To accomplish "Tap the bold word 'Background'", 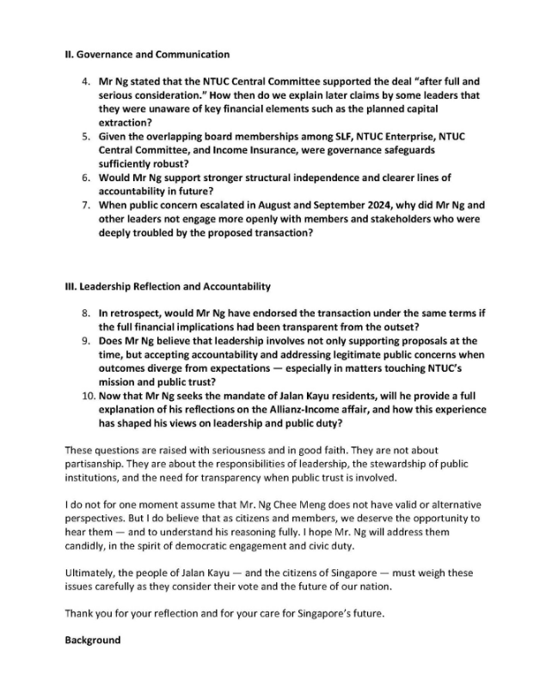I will pyautogui.click(x=93, y=641).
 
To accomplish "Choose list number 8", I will pyautogui.click(x=86, y=314).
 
